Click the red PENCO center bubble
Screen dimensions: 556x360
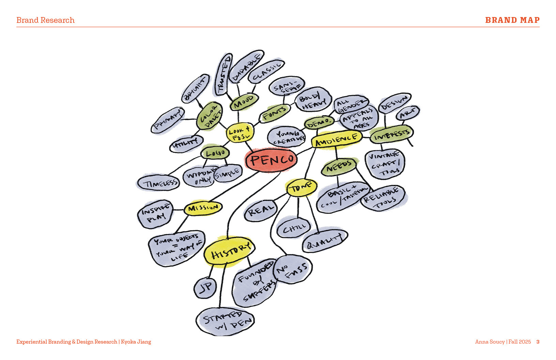pos(271,160)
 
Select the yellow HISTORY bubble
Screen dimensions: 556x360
pos(229,252)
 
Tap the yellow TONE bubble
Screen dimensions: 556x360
pos(302,187)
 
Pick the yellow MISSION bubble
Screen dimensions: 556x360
pos(203,208)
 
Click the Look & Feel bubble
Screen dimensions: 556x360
pos(240,133)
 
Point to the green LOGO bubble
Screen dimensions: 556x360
pos(215,153)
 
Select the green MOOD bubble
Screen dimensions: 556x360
pos(244,101)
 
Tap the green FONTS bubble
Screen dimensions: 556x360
pos(275,113)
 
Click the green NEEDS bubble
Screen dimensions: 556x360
pos(339,167)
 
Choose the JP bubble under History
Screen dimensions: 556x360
pos(205,288)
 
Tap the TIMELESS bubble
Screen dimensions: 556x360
pos(158,183)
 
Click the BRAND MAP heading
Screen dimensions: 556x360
pos(512,20)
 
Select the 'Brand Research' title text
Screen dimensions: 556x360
pos(45,20)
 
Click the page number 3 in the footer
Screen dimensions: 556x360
pos(538,342)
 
